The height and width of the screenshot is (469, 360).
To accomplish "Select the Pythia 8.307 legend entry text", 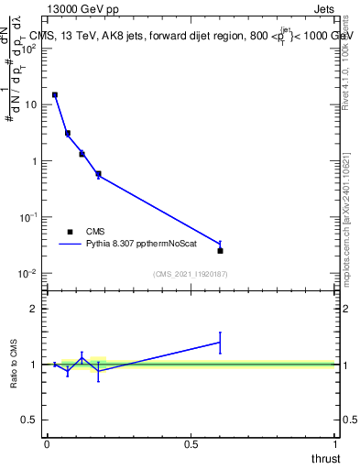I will coord(141,245).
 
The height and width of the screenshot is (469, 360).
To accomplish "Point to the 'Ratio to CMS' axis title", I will coord(15,365).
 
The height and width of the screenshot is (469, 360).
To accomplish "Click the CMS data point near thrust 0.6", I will coord(220,250).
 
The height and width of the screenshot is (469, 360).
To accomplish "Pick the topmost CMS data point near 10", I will coord(55,94).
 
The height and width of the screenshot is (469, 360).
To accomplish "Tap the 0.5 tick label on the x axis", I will coord(191,443).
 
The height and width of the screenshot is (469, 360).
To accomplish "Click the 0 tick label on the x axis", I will coord(47,443).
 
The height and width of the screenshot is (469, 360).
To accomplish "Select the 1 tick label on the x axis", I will coord(335,443).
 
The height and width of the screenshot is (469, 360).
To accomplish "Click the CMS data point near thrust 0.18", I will coord(98,174).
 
